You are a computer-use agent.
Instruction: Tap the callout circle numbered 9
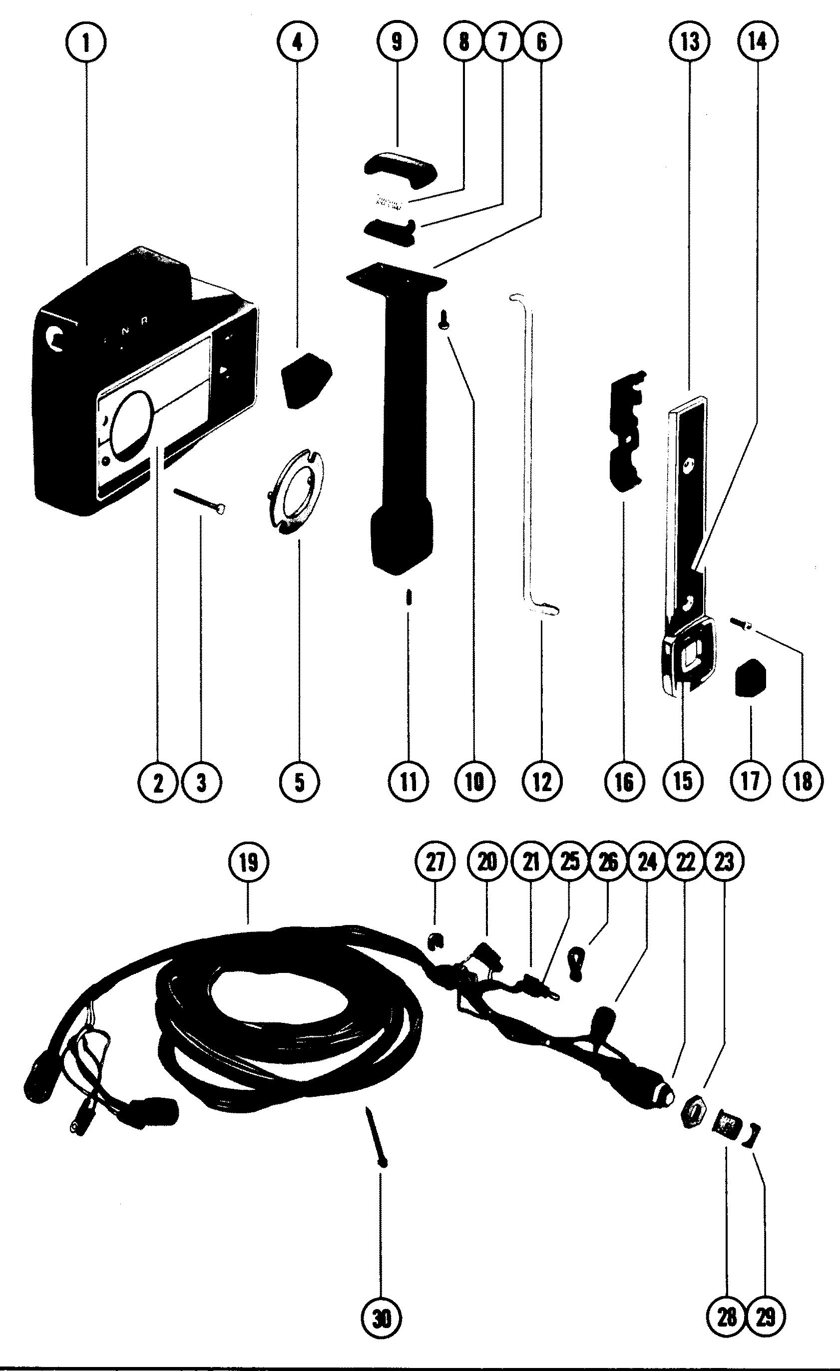tap(396, 43)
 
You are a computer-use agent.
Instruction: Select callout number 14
tap(758, 43)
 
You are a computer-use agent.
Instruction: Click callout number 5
tap(299, 782)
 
